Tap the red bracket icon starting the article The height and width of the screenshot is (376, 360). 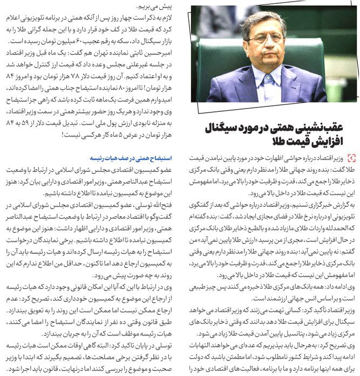point(351,158)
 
